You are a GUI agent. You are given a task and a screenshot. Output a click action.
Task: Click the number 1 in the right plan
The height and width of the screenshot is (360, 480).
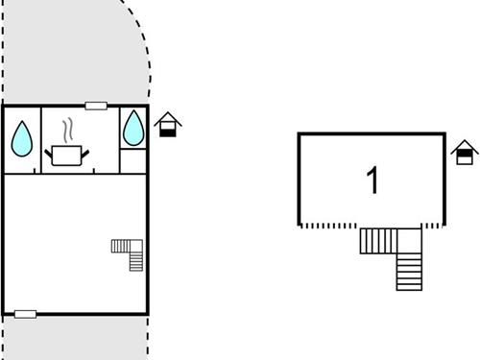click(x=372, y=180)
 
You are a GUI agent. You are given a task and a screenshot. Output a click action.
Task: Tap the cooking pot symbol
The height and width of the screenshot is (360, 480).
click(x=67, y=155)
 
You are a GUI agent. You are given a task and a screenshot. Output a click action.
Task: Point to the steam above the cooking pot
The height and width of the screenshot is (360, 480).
click(x=67, y=130)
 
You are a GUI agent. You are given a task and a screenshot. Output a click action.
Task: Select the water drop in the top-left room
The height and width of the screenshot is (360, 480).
click(x=21, y=140)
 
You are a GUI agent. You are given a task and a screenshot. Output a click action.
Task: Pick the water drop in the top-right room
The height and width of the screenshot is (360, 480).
click(x=133, y=128)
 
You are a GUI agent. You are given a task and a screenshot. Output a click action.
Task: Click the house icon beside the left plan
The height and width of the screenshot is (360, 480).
click(x=168, y=124)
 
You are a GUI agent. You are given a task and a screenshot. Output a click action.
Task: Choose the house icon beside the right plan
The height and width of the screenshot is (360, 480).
click(x=465, y=151)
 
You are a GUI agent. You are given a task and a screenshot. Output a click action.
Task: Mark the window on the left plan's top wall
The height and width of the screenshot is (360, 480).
click(x=96, y=106)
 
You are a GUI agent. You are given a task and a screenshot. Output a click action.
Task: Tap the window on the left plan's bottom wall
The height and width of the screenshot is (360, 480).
click(x=26, y=314)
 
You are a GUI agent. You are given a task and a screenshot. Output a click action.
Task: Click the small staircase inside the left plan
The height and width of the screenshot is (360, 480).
click(x=129, y=252)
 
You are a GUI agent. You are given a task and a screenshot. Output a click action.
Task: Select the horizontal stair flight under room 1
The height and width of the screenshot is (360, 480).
click(x=378, y=241)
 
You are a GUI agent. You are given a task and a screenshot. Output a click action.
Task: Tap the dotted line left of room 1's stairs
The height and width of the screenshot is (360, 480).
click(x=329, y=227)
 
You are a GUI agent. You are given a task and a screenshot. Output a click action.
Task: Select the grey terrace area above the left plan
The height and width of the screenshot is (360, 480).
click(x=67, y=53)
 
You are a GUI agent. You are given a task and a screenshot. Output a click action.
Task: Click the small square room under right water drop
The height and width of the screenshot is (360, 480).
click(x=133, y=161)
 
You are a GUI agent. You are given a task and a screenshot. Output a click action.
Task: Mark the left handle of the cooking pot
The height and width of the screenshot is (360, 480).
click(x=48, y=150)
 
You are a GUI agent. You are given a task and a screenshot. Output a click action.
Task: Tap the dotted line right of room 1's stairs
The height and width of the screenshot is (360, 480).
click(x=434, y=227)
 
